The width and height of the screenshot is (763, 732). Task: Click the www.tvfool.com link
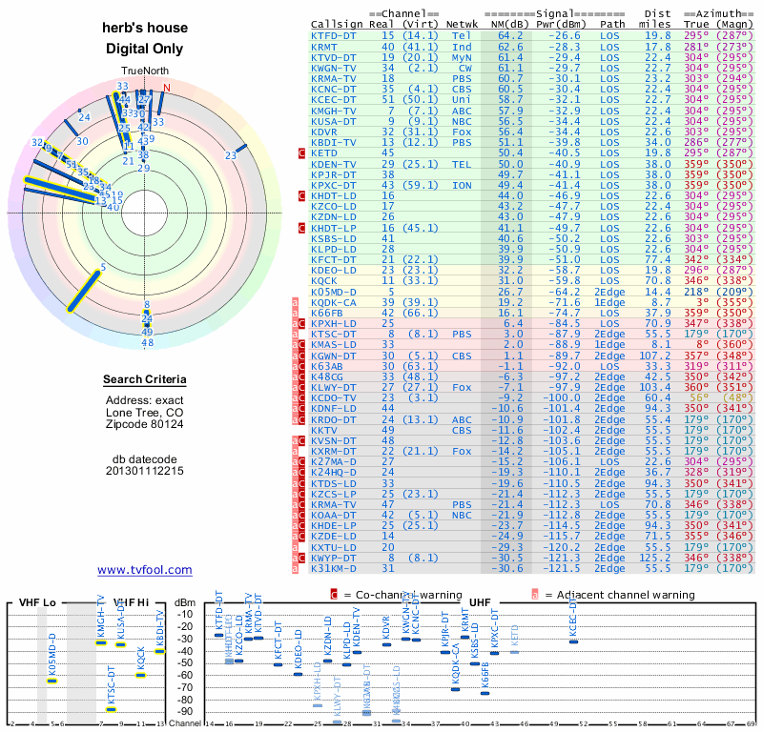pyautogui.click(x=145, y=570)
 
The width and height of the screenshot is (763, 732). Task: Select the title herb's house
pyautogui.click(x=145, y=28)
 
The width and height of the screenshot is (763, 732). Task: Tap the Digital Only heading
pyautogui.click(x=145, y=49)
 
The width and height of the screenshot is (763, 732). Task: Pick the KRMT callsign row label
pyautogui.click(x=324, y=47)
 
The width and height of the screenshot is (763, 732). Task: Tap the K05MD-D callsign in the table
pyautogui.click(x=334, y=292)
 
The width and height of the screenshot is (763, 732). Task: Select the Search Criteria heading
pyautogui.click(x=145, y=380)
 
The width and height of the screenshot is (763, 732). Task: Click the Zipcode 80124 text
pyautogui.click(x=145, y=424)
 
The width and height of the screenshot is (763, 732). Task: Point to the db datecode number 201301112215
pyautogui.click(x=145, y=471)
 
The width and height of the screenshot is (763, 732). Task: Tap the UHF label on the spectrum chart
pyautogui.click(x=482, y=602)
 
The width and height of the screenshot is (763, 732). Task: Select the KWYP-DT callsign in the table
pyautogui.click(x=334, y=557)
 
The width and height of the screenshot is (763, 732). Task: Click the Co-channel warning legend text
pyautogui.click(x=401, y=595)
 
